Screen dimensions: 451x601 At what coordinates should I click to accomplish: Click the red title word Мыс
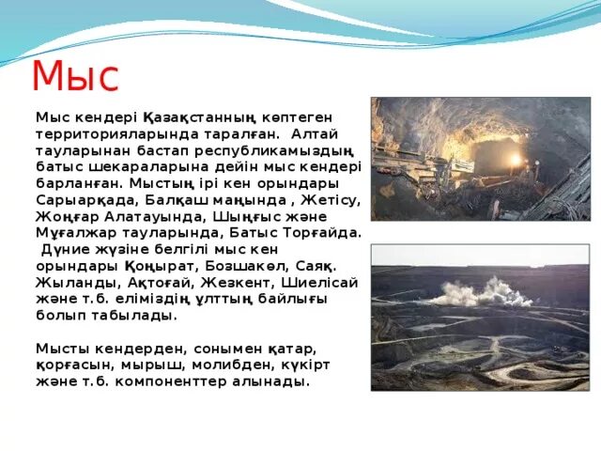[76, 76]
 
